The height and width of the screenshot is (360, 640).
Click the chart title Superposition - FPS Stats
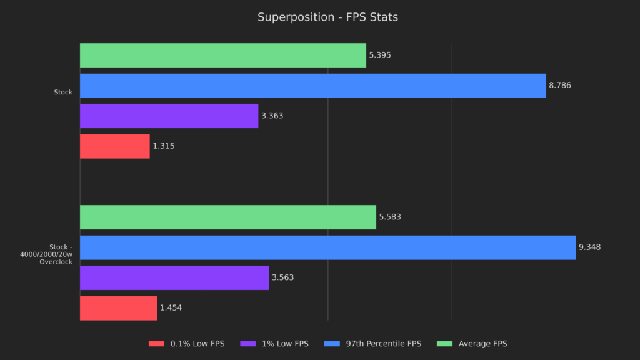[327, 17]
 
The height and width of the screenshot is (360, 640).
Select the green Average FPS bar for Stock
[222, 55]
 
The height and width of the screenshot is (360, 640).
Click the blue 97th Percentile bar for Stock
[312, 86]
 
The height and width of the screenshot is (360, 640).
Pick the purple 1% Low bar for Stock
[169, 116]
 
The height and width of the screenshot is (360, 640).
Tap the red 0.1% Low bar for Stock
[114, 146]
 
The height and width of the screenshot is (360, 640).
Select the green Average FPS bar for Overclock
[227, 217]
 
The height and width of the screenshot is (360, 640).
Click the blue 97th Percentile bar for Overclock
[327, 247]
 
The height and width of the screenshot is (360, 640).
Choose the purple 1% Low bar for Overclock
[174, 277]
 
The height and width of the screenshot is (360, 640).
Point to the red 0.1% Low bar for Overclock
[118, 307]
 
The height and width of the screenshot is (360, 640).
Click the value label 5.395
[380, 55]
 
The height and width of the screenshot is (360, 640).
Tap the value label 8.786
[560, 86]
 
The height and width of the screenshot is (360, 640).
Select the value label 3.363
[272, 116]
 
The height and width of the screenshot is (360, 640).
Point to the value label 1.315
[164, 146]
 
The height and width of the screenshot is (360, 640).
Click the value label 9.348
[590, 247]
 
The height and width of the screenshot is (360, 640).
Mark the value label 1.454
[171, 307]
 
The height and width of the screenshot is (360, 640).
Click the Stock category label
[63, 92]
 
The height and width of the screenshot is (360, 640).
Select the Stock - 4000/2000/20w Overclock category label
[56, 254]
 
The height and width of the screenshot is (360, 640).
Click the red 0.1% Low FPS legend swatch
[157, 344]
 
